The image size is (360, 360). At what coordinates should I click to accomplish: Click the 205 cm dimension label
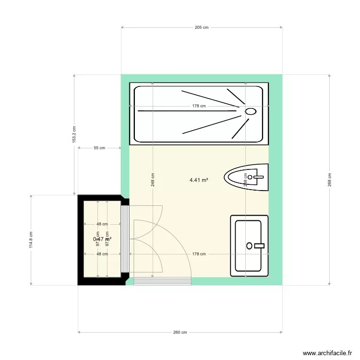202,27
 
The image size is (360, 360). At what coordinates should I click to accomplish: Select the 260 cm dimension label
180,332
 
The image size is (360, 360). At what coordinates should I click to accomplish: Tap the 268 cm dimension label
329,180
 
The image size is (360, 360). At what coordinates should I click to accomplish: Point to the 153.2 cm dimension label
74,134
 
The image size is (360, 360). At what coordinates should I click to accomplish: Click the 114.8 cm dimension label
32,240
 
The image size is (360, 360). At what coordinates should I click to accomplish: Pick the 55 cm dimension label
99,148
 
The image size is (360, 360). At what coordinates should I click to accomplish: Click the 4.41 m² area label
199,180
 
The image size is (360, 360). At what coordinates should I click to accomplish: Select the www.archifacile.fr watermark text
326,353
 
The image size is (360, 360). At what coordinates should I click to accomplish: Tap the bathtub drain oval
251,111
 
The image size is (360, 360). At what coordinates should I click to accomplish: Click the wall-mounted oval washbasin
245,177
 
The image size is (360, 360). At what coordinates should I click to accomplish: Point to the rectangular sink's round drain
249,246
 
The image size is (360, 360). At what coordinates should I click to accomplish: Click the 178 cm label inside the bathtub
199,106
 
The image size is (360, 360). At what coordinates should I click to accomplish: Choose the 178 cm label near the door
199,254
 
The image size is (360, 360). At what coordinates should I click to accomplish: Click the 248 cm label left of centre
153,180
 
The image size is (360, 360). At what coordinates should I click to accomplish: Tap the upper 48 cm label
102,224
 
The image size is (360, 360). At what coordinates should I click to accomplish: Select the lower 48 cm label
102,254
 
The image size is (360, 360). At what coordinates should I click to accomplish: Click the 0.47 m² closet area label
102,239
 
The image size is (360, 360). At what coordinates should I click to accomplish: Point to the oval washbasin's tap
258,177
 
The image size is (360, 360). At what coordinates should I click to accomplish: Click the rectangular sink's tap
259,246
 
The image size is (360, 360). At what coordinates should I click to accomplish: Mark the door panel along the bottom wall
162,282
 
